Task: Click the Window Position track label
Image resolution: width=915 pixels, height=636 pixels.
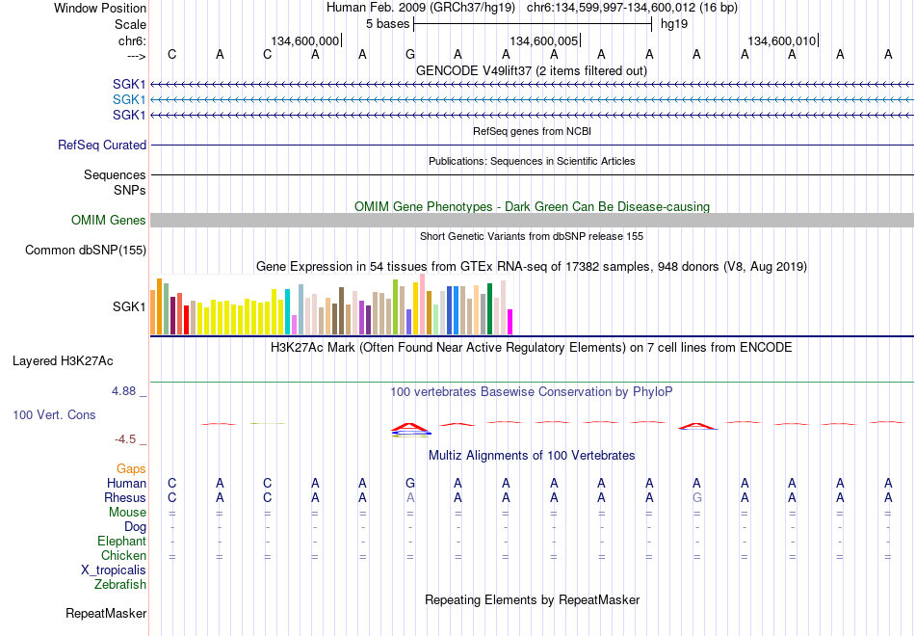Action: click(100, 8)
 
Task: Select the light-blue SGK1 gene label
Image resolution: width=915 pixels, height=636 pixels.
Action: click(129, 100)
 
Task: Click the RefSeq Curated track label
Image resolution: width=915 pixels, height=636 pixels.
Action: click(102, 145)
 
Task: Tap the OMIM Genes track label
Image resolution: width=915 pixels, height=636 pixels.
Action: click(109, 220)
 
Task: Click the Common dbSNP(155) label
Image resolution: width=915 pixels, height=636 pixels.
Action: click(86, 250)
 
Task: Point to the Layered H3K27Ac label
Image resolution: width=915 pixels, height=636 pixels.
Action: click(63, 361)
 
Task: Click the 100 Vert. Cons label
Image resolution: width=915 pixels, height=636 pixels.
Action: click(54, 414)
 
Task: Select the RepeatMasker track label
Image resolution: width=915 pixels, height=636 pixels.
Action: click(106, 613)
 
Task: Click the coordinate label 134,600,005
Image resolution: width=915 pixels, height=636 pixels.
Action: click(543, 40)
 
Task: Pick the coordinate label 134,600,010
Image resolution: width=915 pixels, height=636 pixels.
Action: click(781, 40)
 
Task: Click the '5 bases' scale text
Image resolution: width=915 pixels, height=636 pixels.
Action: click(387, 24)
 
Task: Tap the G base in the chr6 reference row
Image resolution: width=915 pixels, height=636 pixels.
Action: click(410, 54)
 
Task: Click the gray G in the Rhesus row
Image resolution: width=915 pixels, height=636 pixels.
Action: click(696, 497)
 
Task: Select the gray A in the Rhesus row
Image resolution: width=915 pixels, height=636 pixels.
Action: click(410, 497)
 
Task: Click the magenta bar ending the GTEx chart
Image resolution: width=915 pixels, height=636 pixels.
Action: click(510, 322)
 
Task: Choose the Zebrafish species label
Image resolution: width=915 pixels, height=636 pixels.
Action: click(120, 584)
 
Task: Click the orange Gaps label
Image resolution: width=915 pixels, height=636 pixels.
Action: click(131, 469)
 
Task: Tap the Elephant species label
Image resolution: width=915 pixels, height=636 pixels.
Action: click(121, 541)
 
